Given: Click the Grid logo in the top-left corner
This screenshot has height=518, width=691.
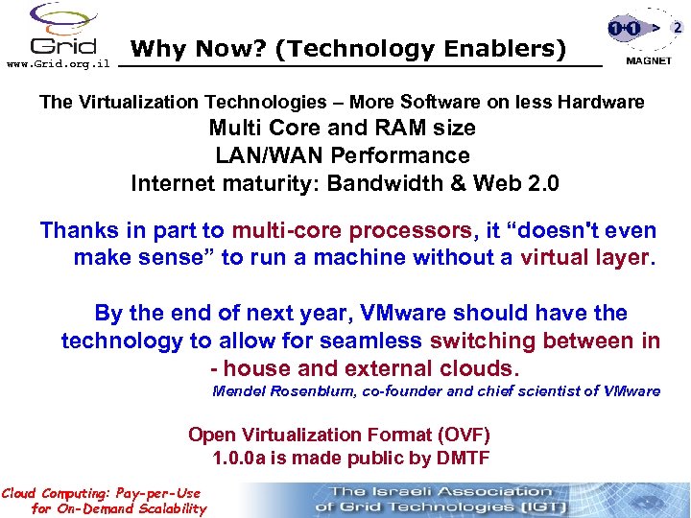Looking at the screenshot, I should point(63,31).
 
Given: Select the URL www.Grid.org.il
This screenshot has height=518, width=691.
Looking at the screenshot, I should point(59,64).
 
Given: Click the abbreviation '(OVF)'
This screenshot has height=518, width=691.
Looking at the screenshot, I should point(457,435).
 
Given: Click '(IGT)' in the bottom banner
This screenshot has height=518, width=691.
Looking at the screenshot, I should point(539,506).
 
